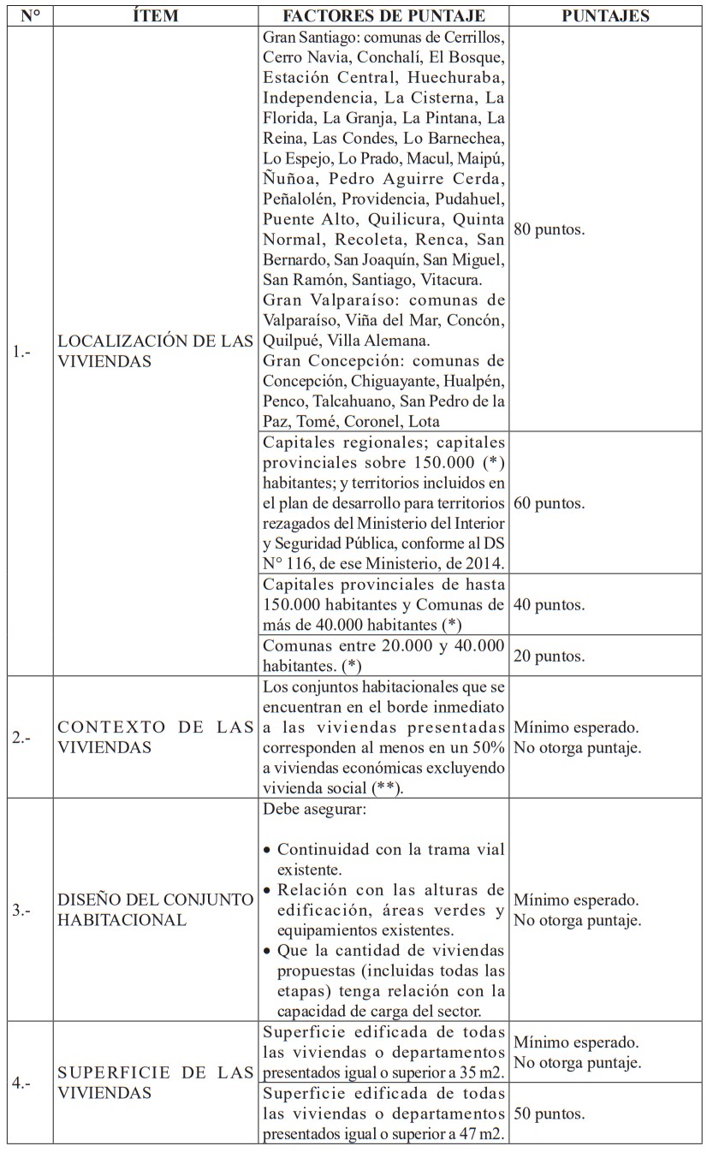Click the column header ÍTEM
[157, 15]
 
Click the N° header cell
[31, 15]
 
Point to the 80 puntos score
[550, 231]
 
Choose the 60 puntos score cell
[550, 503]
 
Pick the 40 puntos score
[550, 605]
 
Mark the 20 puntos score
[550, 656]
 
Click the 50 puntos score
[550, 1114]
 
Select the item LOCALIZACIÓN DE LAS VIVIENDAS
[156, 351]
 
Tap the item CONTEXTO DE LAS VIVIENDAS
[156, 737]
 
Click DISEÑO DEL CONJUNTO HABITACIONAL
[156, 910]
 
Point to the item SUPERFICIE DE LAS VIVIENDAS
[156, 1082]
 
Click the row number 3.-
[21, 910]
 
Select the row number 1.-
[21, 351]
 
